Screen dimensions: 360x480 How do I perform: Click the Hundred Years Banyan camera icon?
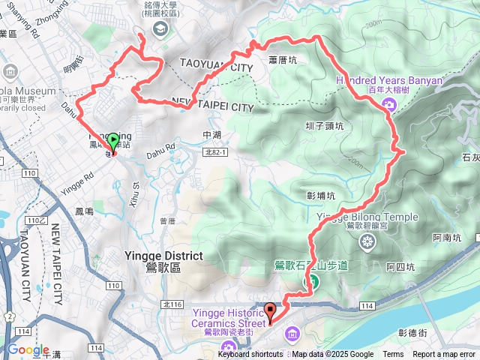click(390, 105)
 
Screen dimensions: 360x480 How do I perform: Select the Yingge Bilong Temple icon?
click(367, 241)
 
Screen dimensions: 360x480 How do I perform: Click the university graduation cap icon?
click(160, 28)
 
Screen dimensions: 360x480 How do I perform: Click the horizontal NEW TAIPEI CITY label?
click(212, 107)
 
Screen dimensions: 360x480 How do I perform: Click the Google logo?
click(28, 350)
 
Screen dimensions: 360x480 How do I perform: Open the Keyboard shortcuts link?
click(250, 355)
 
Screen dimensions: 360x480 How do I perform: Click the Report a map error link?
click(444, 355)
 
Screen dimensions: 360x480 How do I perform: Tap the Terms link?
click(393, 355)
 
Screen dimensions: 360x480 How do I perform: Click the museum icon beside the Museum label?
click(10, 72)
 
